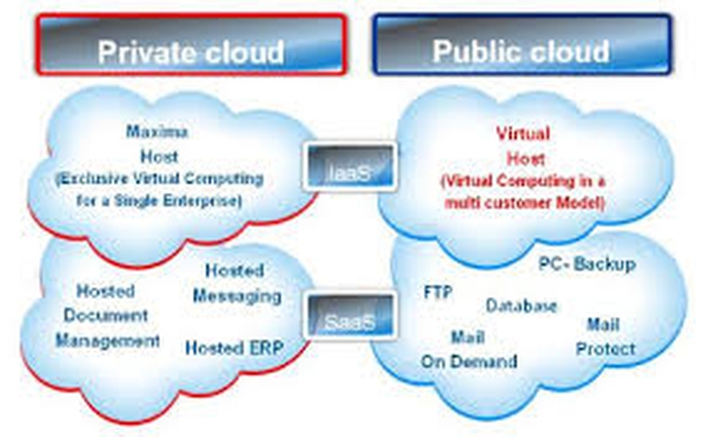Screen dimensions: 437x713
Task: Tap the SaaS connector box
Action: tap(351, 319)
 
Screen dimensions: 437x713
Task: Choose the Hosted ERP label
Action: tap(235, 347)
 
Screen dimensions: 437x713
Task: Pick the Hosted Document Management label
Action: tap(107, 315)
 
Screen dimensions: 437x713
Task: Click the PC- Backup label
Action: tap(585, 264)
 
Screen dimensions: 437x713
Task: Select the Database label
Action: tap(521, 306)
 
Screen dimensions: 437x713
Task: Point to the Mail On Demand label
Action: tap(468, 349)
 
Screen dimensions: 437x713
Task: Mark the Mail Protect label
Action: tap(606, 336)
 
